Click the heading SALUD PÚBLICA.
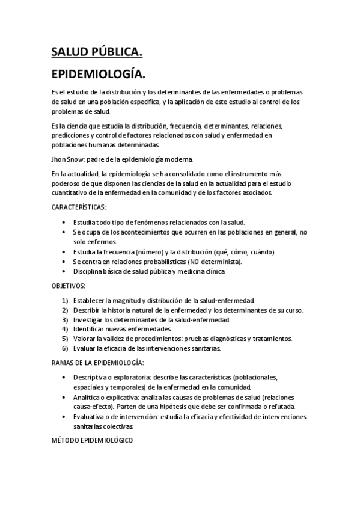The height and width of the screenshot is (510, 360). pyautogui.click(x=97, y=54)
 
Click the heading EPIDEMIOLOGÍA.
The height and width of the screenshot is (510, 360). pyautogui.click(x=98, y=75)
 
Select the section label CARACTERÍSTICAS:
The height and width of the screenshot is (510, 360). pyautogui.click(x=79, y=207)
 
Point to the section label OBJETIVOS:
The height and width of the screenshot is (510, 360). pyautogui.click(x=69, y=286)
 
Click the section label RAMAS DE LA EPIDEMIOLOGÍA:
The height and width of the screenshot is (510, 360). pyautogui.click(x=97, y=363)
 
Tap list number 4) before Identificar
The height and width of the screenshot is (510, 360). pyautogui.click(x=65, y=329)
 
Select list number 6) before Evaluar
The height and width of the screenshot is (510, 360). pyautogui.click(x=65, y=348)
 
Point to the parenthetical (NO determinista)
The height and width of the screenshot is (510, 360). pyautogui.click(x=207, y=262)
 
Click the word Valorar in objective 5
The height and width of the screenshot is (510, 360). pyautogui.click(x=85, y=339)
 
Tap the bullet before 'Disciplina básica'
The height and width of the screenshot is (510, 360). pyautogui.click(x=65, y=271)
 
